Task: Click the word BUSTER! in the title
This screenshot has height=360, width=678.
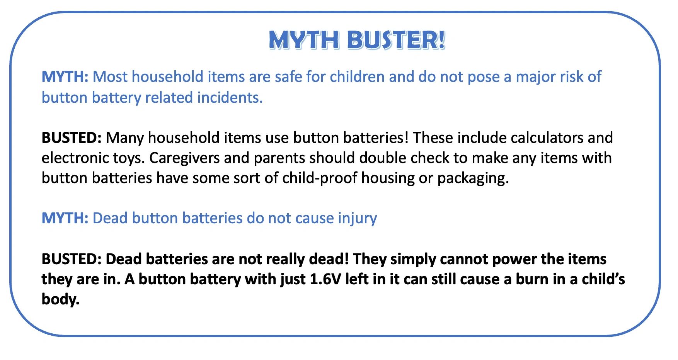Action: click(x=396, y=40)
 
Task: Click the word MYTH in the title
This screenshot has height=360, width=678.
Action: click(x=304, y=40)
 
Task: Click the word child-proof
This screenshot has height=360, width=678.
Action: click(x=320, y=178)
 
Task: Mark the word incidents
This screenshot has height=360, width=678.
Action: click(x=230, y=98)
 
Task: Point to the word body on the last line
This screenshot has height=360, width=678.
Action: click(x=60, y=299)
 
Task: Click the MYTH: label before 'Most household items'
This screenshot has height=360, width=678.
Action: click(x=65, y=77)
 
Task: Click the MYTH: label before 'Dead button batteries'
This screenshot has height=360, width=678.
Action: click(x=65, y=218)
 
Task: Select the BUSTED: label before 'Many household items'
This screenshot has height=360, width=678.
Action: click(x=72, y=138)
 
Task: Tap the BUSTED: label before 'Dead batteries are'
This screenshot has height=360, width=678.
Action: click(x=72, y=259)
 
